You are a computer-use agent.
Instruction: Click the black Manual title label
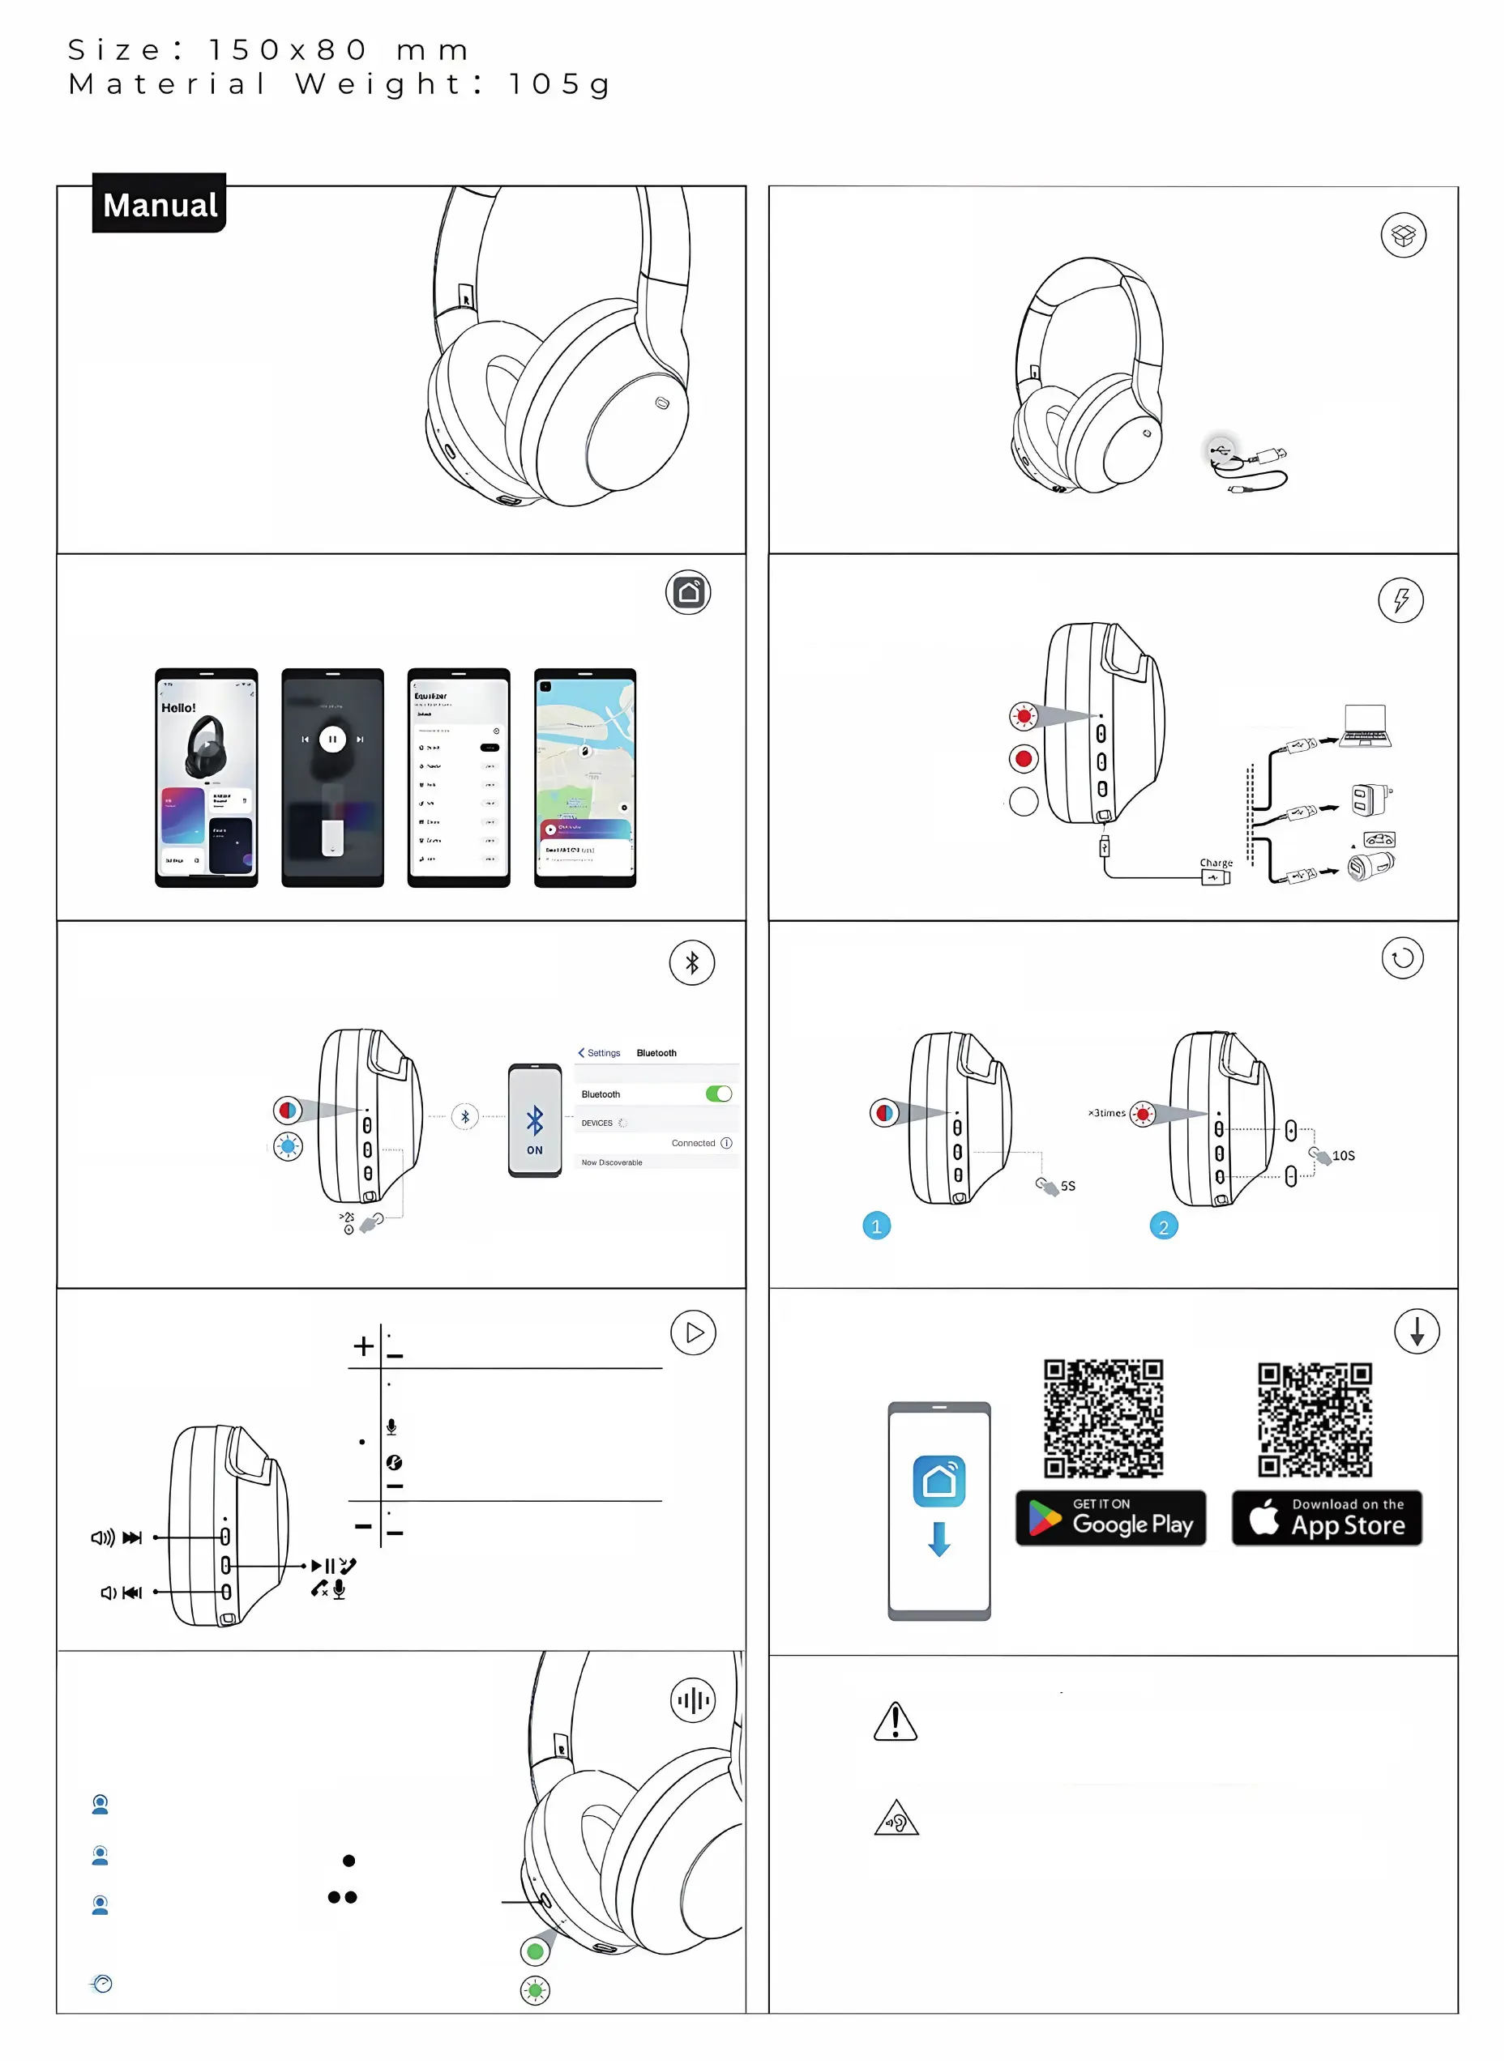[x=159, y=203]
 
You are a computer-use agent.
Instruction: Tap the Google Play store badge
[x=1110, y=1517]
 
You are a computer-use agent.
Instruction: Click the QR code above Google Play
[x=1103, y=1417]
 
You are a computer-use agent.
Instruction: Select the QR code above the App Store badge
[x=1315, y=1419]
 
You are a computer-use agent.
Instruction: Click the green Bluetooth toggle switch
[x=719, y=1094]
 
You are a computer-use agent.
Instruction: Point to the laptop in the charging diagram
[x=1366, y=726]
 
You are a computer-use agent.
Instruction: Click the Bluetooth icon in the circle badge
[x=691, y=963]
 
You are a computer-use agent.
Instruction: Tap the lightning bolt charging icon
[x=1400, y=600]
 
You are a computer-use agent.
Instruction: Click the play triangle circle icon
[x=693, y=1332]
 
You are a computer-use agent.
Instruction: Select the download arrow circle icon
[x=1417, y=1331]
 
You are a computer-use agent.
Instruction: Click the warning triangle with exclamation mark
[x=895, y=1721]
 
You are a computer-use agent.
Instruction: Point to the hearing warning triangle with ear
[x=896, y=1819]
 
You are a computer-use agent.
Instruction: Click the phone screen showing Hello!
[x=206, y=777]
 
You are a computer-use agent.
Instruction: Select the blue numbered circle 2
[x=1163, y=1226]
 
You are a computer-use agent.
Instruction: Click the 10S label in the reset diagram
[x=1343, y=1155]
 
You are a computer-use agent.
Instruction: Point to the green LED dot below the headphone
[x=536, y=1951]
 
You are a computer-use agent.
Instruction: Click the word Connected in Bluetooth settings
[x=693, y=1142]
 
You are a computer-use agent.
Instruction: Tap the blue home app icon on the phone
[x=938, y=1481]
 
